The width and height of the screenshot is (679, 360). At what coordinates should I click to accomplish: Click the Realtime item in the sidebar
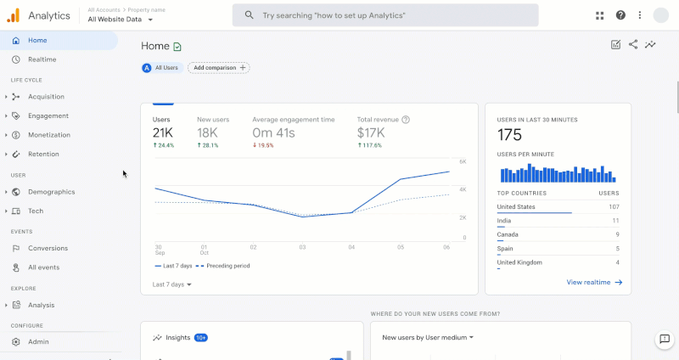pyautogui.click(x=42, y=59)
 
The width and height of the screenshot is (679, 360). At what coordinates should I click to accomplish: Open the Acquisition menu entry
pyautogui.click(x=46, y=97)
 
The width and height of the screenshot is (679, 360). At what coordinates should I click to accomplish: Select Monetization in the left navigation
pyautogui.click(x=49, y=135)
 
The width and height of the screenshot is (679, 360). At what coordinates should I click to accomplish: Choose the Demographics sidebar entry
pyautogui.click(x=51, y=192)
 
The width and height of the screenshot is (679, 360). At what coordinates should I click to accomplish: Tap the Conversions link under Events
pyautogui.click(x=48, y=248)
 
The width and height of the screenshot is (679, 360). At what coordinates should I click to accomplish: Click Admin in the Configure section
pyautogui.click(x=38, y=341)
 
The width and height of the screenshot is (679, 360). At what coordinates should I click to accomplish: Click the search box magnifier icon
pyautogui.click(x=249, y=15)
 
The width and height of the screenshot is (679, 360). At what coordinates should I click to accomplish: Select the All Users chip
pyautogui.click(x=161, y=67)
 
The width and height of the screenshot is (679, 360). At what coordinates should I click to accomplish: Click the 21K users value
pyautogui.click(x=163, y=132)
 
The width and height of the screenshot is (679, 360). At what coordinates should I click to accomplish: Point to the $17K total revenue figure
pyautogui.click(x=371, y=132)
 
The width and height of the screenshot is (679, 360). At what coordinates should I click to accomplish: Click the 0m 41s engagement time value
pyautogui.click(x=273, y=132)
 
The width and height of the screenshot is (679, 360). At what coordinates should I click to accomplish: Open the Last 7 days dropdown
pyautogui.click(x=172, y=284)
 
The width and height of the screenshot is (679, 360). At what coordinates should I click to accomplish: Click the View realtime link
pyautogui.click(x=594, y=282)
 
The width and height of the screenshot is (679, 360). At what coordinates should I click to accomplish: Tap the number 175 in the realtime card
pyautogui.click(x=509, y=135)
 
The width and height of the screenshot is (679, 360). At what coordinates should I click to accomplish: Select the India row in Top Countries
pyautogui.click(x=505, y=220)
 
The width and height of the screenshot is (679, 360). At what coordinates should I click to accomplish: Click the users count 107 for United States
pyautogui.click(x=613, y=206)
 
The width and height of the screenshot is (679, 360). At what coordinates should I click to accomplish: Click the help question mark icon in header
pyautogui.click(x=620, y=15)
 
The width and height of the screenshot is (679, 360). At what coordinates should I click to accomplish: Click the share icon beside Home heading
pyautogui.click(x=633, y=45)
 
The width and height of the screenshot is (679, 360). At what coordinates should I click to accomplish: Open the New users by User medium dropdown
pyautogui.click(x=428, y=337)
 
